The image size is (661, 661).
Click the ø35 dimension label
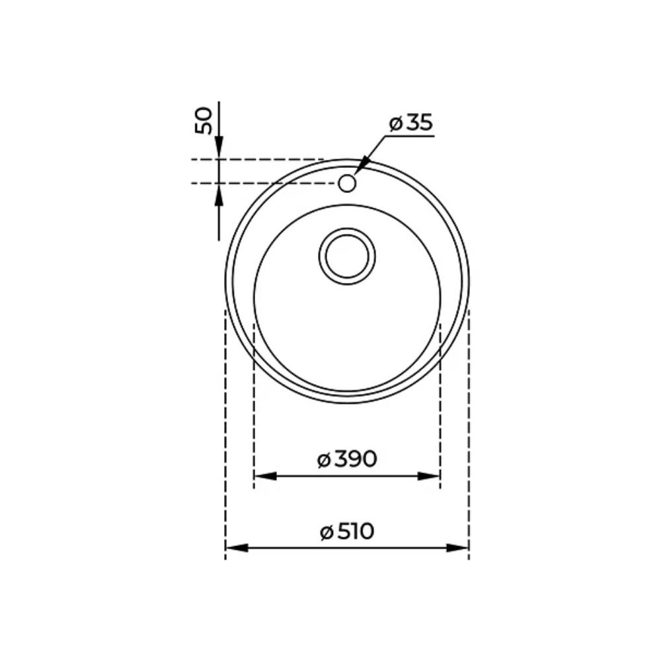(411, 123)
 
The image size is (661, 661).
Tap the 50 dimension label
(204, 121)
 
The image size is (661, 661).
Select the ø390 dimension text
(346, 459)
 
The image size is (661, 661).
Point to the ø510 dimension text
(347, 531)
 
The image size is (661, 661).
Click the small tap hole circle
(347, 183)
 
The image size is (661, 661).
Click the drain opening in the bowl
(347, 256)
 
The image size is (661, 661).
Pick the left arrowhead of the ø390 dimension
(266, 477)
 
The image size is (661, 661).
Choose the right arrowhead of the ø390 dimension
(428, 477)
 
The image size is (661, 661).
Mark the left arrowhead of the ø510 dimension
(237, 548)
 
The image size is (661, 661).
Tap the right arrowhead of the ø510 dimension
(457, 548)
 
